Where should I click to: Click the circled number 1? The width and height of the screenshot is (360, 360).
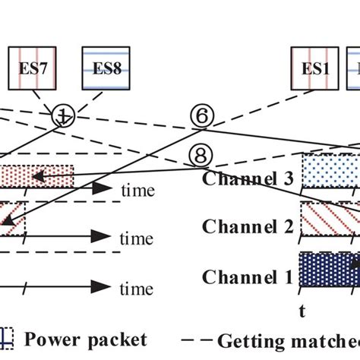pyautogui.click(x=64, y=117)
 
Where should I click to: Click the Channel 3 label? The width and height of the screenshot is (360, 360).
pyautogui.click(x=248, y=179)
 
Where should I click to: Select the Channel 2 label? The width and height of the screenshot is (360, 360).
pyautogui.click(x=248, y=227)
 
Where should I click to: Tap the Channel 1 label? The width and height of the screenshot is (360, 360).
pyautogui.click(x=248, y=276)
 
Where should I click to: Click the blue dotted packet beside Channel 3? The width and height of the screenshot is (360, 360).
pyautogui.click(x=330, y=172)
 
